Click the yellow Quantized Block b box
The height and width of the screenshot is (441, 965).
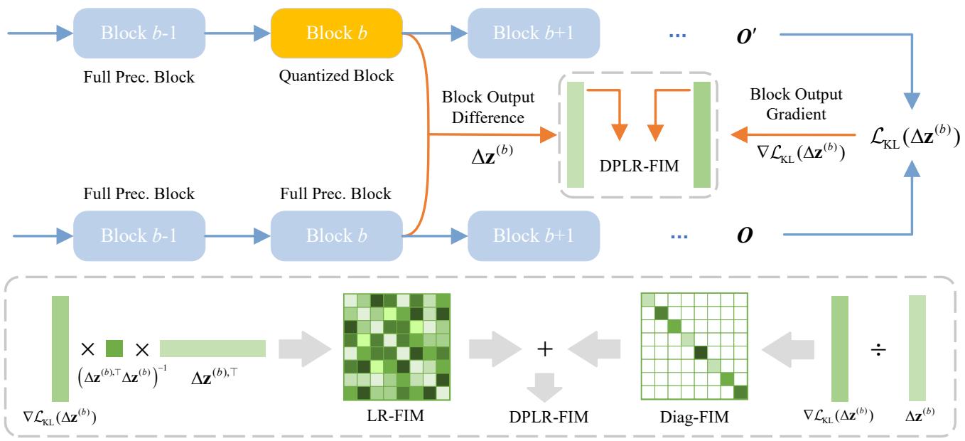[x=338, y=33]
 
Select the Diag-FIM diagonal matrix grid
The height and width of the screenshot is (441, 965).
[x=695, y=348]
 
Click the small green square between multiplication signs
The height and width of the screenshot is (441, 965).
[x=114, y=349]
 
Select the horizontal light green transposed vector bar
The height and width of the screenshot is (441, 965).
[x=212, y=349]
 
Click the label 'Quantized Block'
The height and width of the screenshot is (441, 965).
[x=338, y=76]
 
